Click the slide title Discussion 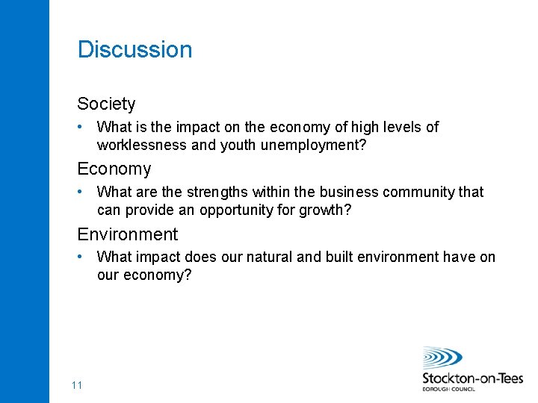tap(134, 50)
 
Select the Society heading tap(106, 104)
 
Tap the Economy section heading tap(114, 169)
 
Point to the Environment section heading tap(127, 234)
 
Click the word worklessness tap(142, 145)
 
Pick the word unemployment tap(313, 145)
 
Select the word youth tap(238, 145)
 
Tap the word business tap(352, 192)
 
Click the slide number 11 tap(76, 385)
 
